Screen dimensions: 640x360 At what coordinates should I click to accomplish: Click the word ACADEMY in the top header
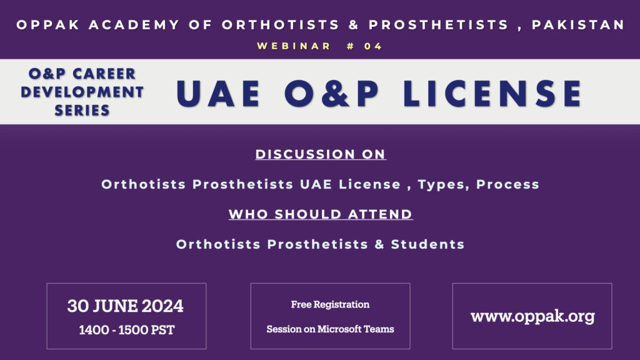(x=134, y=25)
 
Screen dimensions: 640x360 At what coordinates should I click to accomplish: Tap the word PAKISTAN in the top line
(x=578, y=25)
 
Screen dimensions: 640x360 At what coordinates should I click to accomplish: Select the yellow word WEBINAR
(x=294, y=46)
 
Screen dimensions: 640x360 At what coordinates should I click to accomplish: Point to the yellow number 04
(x=373, y=46)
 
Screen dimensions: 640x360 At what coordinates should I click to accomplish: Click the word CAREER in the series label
(x=104, y=74)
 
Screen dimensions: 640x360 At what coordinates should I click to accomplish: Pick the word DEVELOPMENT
(x=82, y=92)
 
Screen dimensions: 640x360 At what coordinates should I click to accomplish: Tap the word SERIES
(x=82, y=110)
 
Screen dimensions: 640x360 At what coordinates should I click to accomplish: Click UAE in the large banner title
(x=218, y=94)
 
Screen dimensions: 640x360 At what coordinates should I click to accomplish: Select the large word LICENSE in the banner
(x=492, y=94)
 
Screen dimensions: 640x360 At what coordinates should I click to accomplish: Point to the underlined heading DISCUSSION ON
(x=321, y=154)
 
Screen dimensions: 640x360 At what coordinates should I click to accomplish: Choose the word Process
(x=507, y=184)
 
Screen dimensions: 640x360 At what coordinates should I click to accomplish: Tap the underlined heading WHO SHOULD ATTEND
(x=321, y=214)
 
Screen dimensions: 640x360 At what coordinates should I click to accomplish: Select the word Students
(x=427, y=244)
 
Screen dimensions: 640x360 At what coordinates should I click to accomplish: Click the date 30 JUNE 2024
(x=125, y=306)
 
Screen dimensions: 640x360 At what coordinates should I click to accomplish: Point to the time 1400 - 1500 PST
(x=126, y=330)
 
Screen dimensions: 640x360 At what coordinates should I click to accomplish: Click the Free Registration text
(x=330, y=304)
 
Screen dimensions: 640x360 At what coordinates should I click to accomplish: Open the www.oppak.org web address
(x=532, y=317)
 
